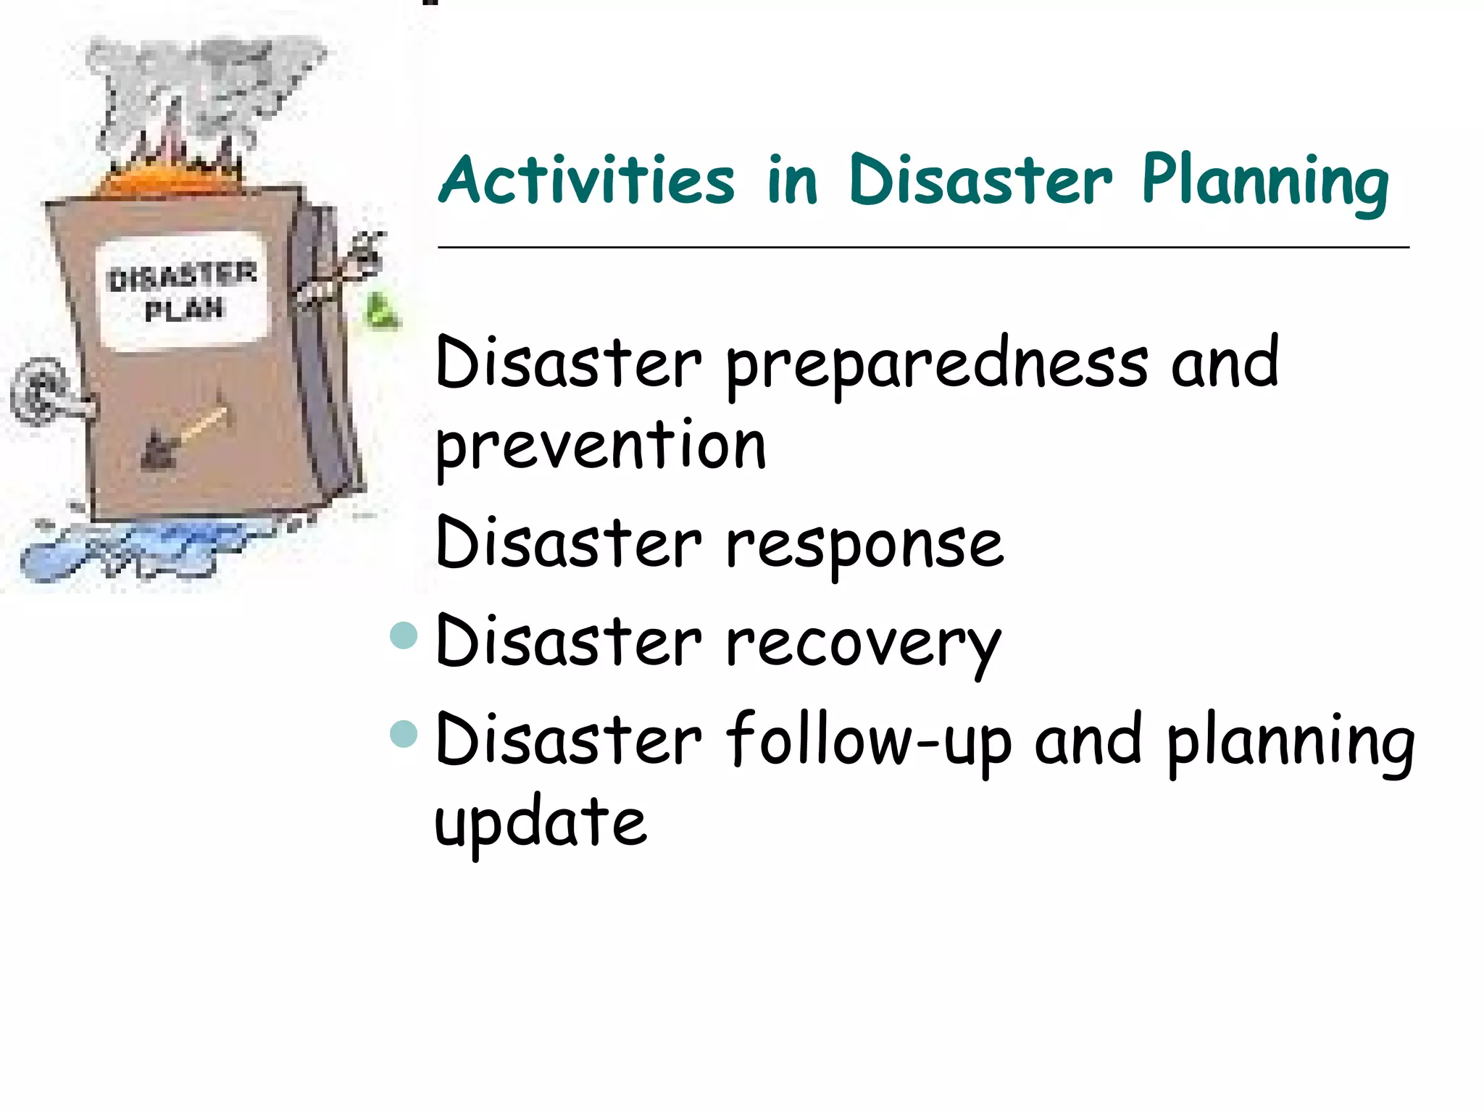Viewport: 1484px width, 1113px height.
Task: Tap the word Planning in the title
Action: click(x=1265, y=181)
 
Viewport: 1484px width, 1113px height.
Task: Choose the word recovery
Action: click(x=863, y=643)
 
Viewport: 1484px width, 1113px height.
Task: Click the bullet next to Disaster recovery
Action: click(x=404, y=635)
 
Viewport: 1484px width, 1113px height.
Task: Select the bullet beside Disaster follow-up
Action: click(x=404, y=733)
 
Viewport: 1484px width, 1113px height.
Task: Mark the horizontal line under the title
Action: click(x=923, y=248)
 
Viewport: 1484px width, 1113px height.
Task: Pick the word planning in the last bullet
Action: click(x=1291, y=743)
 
